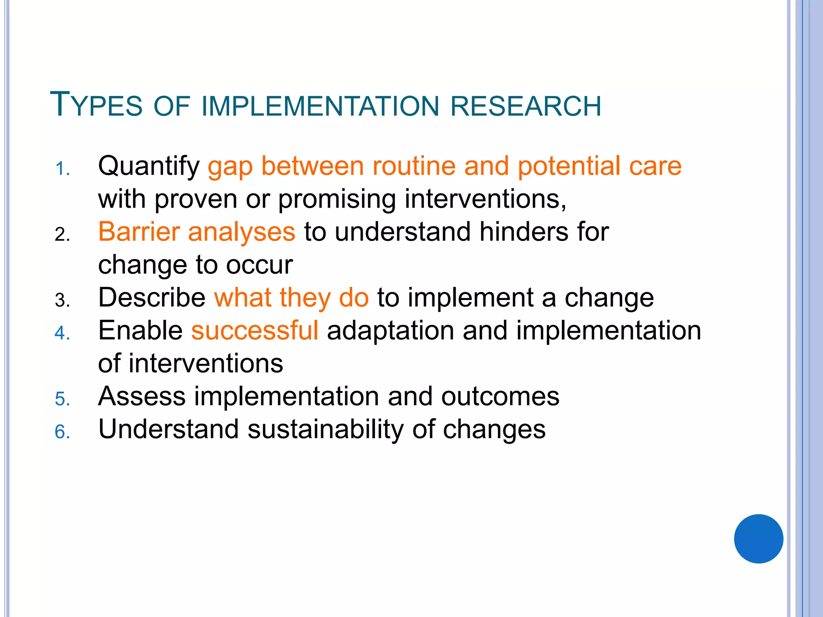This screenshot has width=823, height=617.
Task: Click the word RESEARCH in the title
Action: [x=526, y=106]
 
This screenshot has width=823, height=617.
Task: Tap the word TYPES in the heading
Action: [x=96, y=105]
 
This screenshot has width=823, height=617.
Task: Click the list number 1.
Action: [x=62, y=169]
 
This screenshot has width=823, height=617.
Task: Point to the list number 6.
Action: [x=62, y=432]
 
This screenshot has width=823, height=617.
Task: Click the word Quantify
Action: [x=149, y=166]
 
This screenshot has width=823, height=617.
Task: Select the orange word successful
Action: [x=255, y=331]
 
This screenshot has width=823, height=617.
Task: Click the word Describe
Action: [x=152, y=298]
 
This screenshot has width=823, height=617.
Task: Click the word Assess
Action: [x=142, y=396]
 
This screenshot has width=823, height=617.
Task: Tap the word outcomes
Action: [x=500, y=396]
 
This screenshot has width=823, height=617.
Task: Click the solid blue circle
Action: [x=758, y=539]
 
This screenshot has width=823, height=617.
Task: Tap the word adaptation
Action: [x=390, y=331]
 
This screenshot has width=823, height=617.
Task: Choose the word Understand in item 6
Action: [x=168, y=429]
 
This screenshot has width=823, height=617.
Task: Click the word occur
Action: [x=259, y=265]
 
